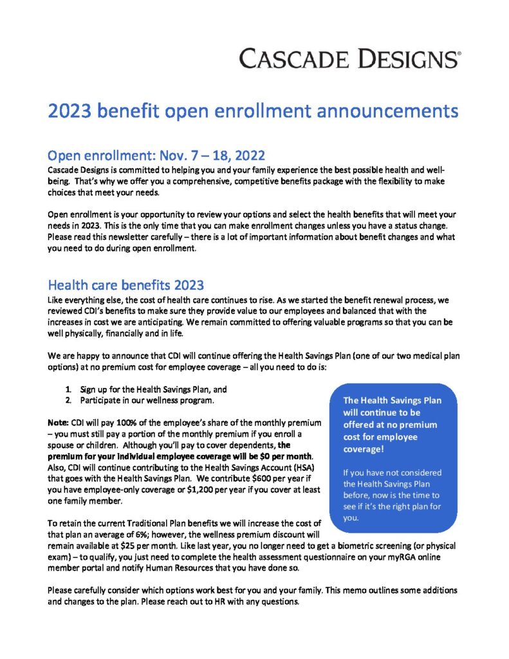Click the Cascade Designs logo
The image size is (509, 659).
347,59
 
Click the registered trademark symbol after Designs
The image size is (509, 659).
458,55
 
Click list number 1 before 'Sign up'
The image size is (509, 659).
68,390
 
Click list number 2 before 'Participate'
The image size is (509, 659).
68,400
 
